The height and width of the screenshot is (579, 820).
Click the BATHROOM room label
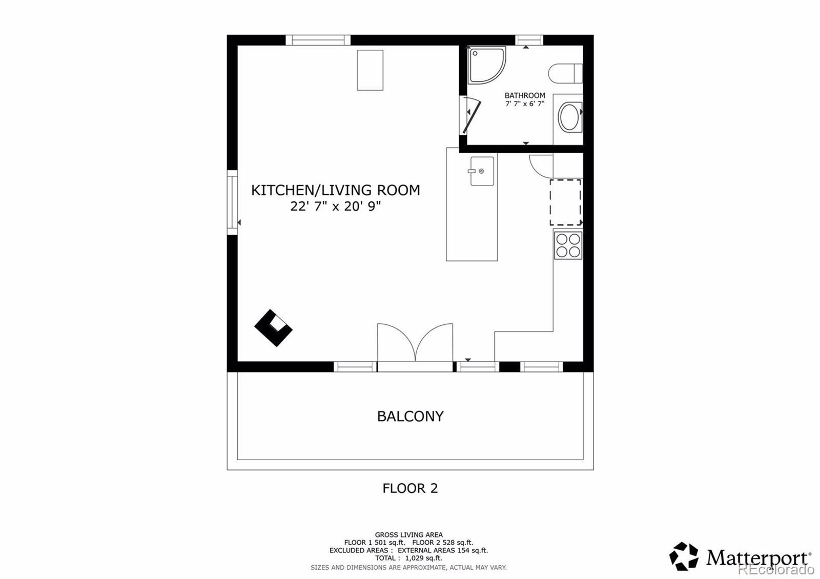tap(525, 95)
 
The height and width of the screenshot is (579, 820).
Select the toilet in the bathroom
tap(565, 73)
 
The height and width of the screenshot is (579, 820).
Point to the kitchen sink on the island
tap(482, 171)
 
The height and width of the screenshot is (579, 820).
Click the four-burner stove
tap(568, 245)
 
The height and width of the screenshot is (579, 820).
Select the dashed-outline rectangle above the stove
tap(566, 202)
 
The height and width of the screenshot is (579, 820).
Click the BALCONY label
tap(410, 416)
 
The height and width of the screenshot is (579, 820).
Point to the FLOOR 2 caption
tap(410, 488)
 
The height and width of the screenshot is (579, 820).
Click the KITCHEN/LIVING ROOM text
tap(336, 190)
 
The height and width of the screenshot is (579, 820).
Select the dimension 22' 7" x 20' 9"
tap(336, 206)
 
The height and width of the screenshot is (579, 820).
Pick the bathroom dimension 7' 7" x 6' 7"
tap(525, 104)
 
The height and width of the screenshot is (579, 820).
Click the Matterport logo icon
tap(684, 556)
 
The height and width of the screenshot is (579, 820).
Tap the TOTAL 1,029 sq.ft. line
tap(408, 558)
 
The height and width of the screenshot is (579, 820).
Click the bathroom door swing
tap(471, 115)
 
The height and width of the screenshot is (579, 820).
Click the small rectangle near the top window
tap(370, 70)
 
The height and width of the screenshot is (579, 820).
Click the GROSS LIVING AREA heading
tap(408, 535)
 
